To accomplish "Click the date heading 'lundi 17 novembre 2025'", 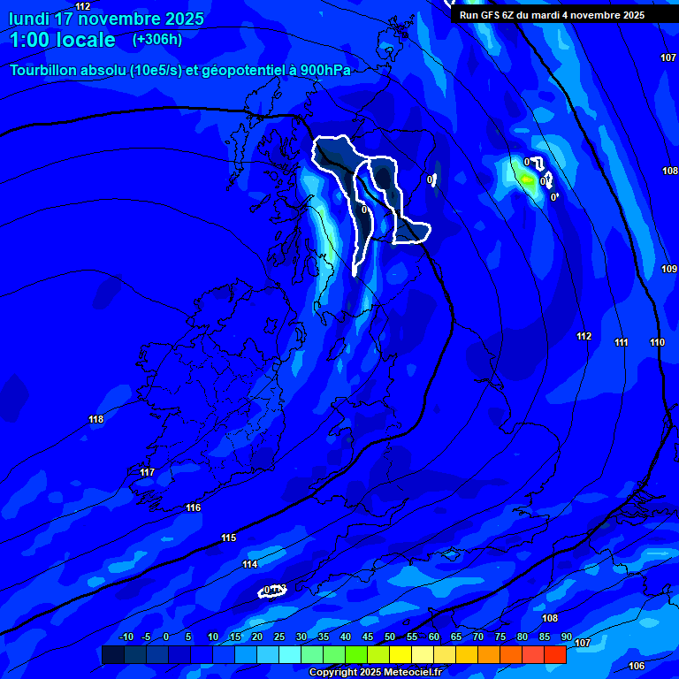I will point(107,19).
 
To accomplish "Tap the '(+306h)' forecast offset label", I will point(157,40).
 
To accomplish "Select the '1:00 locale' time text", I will point(63,40).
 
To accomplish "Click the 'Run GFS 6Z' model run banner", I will point(552,15).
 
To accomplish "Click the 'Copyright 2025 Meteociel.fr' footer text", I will point(375,673).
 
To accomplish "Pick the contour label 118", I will point(96,419).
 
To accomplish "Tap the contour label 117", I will point(148,472).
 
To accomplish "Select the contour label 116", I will point(194,507).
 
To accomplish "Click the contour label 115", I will point(229,538).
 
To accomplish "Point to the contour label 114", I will point(250,564).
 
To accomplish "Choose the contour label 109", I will point(669,269).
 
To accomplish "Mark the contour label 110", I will point(657,342).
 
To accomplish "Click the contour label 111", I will point(622,342).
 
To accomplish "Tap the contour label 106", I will point(637,666).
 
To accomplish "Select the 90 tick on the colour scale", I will point(566,637).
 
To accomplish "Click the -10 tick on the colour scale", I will point(126,637).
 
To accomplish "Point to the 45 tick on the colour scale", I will point(368,637).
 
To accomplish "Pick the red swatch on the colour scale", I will point(555,654).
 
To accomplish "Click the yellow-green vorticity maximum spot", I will point(527,179).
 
